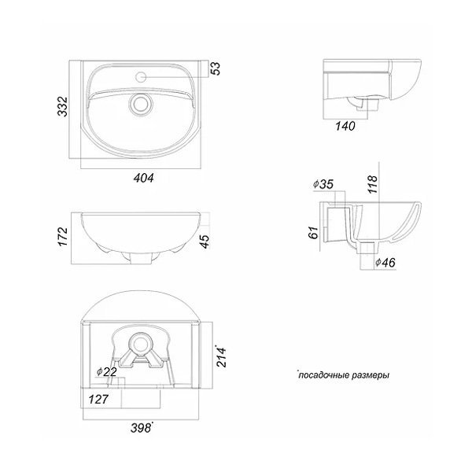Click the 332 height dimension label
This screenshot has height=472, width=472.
tap(63, 106)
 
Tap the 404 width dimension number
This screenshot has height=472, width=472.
tap(144, 178)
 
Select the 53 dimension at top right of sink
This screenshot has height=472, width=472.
tap(216, 68)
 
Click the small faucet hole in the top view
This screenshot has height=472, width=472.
tap(141, 77)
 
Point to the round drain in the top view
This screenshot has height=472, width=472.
tap(141, 104)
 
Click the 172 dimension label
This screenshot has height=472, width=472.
tap(63, 237)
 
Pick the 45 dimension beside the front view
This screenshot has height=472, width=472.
tap(205, 242)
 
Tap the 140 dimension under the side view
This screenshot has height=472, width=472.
tap(345, 126)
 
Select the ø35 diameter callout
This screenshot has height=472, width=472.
tap(323, 184)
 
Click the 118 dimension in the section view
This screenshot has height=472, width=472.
tap(372, 184)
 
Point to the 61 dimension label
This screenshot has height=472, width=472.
tap(313, 233)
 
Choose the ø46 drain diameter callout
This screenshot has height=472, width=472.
tap(385, 263)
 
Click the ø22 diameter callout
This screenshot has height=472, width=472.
tap(106, 372)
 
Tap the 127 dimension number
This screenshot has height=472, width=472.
tap(98, 400)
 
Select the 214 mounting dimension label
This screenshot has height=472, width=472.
tap(222, 356)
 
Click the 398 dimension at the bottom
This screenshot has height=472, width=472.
tap(141, 428)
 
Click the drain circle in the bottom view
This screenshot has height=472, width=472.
tap(140, 344)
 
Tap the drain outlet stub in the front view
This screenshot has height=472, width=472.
tap(141, 258)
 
